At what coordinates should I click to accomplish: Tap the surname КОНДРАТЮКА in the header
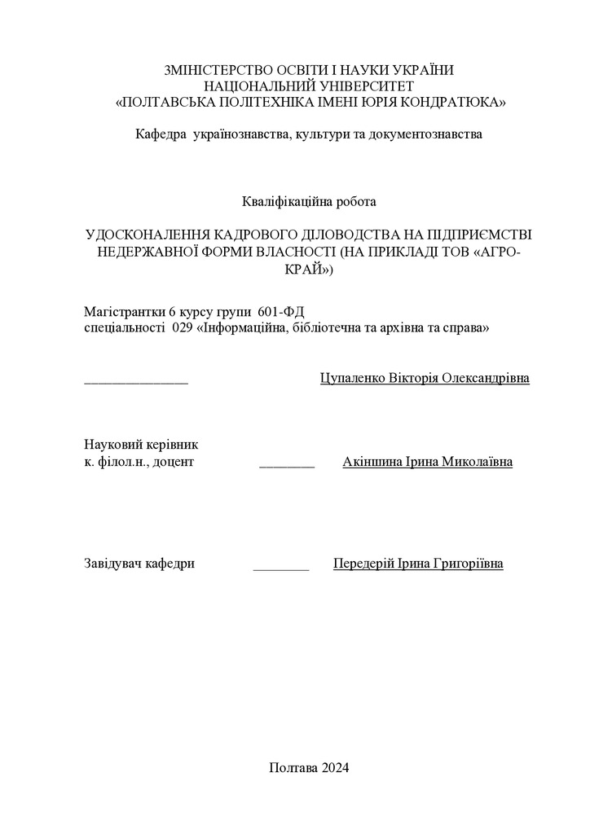click(x=457, y=102)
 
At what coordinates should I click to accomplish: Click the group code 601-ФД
click(x=280, y=312)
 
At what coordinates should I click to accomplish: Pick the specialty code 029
click(x=183, y=328)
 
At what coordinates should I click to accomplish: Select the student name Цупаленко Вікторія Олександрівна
click(x=425, y=379)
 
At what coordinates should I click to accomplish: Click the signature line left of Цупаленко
click(x=136, y=381)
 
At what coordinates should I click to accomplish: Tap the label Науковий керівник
click(x=141, y=446)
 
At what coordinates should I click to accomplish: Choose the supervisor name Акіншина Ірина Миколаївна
click(x=428, y=462)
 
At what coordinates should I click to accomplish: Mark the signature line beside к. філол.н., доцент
click(x=287, y=465)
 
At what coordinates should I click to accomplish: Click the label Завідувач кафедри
click(x=139, y=564)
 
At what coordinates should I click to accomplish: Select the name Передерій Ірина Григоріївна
click(x=418, y=564)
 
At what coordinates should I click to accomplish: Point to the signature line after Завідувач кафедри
click(x=281, y=567)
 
